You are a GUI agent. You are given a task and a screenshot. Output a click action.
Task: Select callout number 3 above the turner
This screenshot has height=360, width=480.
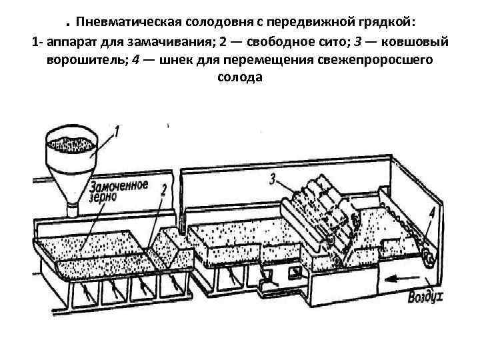273,178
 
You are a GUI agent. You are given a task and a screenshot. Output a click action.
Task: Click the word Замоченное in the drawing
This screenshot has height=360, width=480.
117,185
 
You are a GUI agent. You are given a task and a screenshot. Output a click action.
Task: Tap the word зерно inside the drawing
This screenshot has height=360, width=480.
103,197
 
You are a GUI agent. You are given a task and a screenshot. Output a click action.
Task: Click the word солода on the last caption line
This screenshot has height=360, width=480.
240,77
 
